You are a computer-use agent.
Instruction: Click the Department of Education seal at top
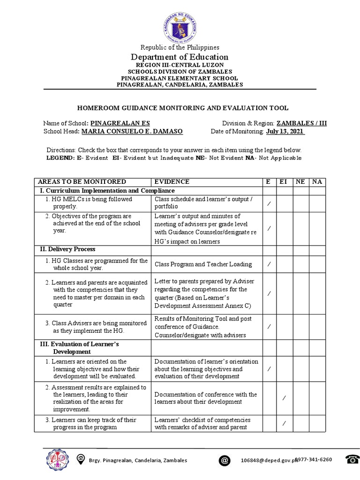(180, 26)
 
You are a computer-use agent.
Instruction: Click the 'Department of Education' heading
(180, 57)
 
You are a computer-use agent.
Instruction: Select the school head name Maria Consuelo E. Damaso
(132, 132)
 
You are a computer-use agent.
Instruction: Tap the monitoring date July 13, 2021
(285, 132)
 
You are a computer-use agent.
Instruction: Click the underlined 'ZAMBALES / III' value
(301, 123)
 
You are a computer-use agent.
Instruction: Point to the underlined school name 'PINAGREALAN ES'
(120, 123)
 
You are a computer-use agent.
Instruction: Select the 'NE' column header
(300, 182)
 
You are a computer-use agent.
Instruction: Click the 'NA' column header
(317, 182)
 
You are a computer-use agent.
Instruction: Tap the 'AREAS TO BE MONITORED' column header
(82, 182)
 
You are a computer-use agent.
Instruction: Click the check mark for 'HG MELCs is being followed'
(269, 203)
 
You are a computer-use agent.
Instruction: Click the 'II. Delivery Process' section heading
(67, 249)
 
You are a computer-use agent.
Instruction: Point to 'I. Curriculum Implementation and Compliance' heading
(107, 191)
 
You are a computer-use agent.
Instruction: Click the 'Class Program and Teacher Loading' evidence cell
(203, 264)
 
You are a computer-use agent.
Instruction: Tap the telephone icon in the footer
(352, 459)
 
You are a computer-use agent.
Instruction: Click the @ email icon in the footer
(225, 460)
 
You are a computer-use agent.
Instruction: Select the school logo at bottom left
(57, 459)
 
